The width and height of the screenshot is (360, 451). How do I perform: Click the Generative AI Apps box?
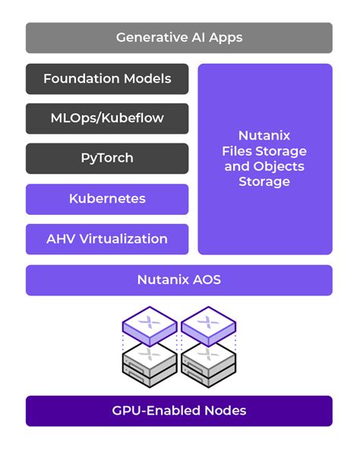179,37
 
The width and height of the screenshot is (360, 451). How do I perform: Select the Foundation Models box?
107,78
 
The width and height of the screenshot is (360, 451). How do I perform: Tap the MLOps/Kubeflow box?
107,118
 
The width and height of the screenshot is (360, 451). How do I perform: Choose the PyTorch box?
107,158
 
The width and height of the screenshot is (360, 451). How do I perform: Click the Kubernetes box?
107,199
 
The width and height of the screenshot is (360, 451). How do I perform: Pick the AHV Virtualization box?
107,238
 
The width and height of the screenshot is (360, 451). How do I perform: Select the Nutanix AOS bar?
179,279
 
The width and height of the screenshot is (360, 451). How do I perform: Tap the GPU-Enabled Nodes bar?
179,411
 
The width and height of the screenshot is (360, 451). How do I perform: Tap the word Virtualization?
127,238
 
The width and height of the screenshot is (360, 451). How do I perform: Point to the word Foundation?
81,78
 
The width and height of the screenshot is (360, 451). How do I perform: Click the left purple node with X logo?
150,326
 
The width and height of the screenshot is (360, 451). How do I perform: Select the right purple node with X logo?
208,326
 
